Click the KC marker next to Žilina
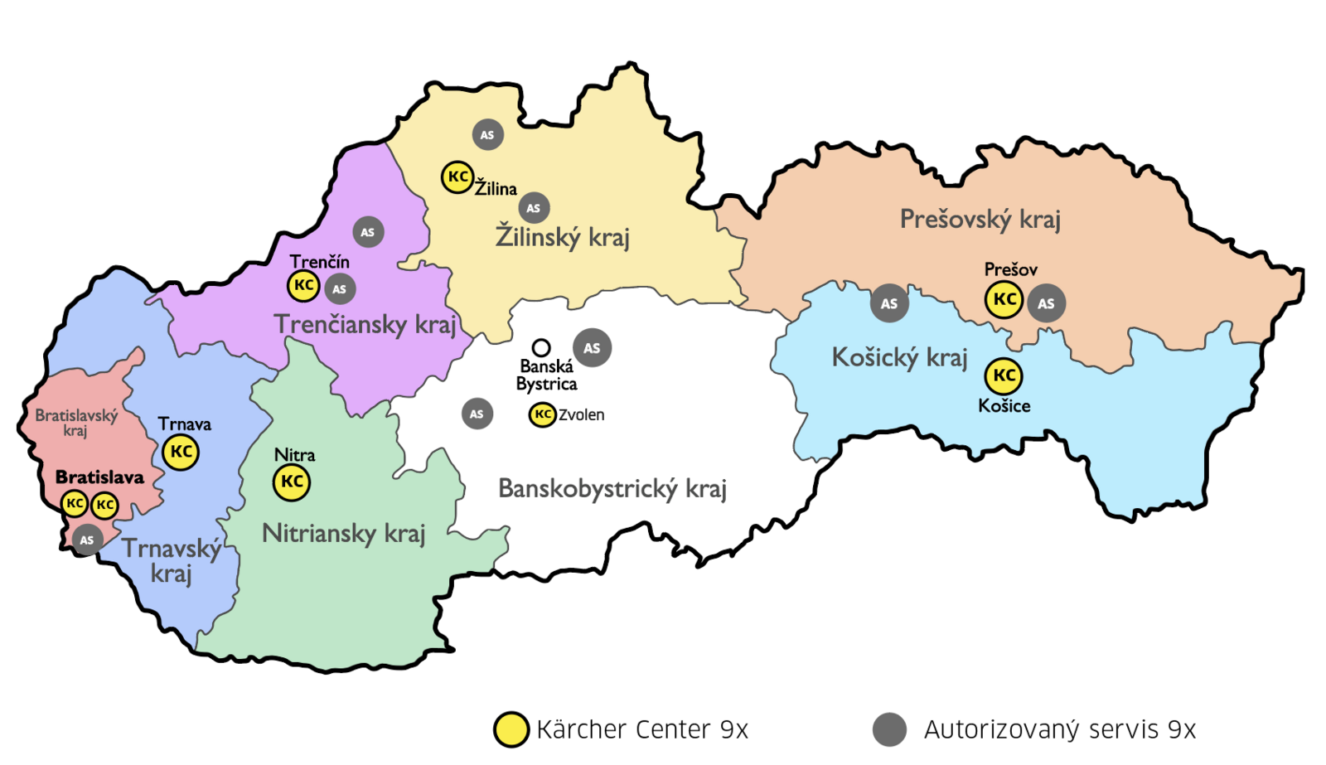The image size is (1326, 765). [457, 177]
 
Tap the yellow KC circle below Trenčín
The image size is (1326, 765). [303, 285]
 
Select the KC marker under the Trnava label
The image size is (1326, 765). [181, 453]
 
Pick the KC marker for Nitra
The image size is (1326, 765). [292, 482]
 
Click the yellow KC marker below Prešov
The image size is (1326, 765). [1004, 299]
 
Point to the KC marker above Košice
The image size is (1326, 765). [1004, 375]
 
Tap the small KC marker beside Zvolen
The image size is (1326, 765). [542, 414]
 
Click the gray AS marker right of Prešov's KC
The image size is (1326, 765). [1046, 303]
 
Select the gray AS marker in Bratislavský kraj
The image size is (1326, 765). [87, 540]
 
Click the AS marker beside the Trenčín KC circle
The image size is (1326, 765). [339, 289]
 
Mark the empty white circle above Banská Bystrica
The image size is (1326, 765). [540, 347]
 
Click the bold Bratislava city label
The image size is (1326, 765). [99, 477]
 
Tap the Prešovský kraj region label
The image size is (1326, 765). [980, 220]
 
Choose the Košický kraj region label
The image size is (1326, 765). [899, 358]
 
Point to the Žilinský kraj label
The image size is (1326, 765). [563, 238]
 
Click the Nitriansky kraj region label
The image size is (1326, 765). [343, 534]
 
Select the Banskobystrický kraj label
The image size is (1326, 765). [612, 489]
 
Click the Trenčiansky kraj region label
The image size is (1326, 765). [365, 325]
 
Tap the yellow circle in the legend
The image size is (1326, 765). [511, 729]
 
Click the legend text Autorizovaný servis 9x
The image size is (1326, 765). [1060, 729]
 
